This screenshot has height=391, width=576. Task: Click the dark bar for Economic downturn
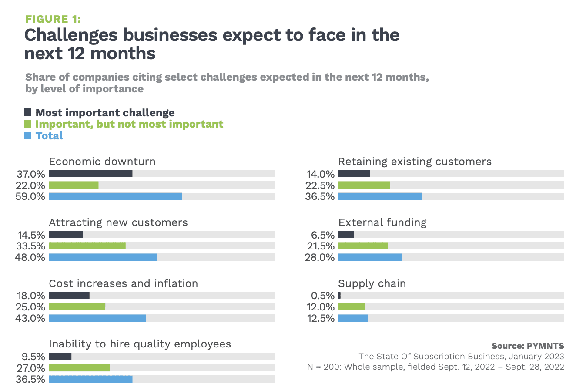tap(90, 174)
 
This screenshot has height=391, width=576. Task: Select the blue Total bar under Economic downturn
tap(115, 196)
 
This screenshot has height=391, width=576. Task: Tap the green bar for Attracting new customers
tap(87, 246)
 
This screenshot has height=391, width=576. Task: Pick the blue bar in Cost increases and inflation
tap(97, 318)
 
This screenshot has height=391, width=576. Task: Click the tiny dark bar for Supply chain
tap(339, 296)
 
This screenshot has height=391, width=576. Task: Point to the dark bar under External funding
tap(346, 235)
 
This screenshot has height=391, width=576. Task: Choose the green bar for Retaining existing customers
tap(364, 185)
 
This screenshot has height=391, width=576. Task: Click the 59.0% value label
tap(30, 196)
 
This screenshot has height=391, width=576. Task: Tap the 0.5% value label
tap(322, 296)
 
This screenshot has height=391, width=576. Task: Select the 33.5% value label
tap(30, 246)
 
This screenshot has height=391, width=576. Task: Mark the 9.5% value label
tap(33, 357)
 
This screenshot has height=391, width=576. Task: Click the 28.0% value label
tap(320, 257)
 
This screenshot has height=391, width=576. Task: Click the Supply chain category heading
tap(372, 283)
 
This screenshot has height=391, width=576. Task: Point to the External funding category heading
tap(382, 222)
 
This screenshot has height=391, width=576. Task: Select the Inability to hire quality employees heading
tap(140, 344)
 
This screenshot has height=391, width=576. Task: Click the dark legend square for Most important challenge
tap(28, 112)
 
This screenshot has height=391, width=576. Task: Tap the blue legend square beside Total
tap(28, 135)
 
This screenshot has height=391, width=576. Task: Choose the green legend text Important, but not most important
tap(129, 124)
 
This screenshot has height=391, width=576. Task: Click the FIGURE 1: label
tap(53, 19)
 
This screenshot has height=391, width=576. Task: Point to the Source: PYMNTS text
tap(527, 346)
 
